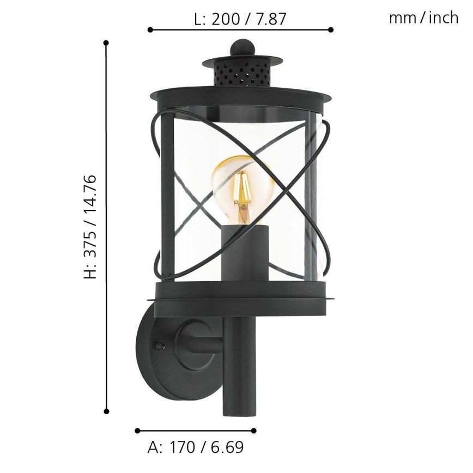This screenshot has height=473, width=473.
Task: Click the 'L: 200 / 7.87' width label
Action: tap(240, 20)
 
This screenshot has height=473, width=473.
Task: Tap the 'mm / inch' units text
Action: tap(423, 18)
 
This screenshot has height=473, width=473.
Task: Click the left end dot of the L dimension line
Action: tap(149, 30)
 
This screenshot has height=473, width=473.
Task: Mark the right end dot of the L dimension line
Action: tap(331, 30)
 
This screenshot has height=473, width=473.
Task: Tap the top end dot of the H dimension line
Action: tap(106, 43)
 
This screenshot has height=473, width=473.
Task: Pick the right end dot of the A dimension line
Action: tap(254, 430)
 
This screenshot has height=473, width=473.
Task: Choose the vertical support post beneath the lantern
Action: tap(239, 371)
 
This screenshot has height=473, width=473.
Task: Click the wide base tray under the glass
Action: tap(242, 296)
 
